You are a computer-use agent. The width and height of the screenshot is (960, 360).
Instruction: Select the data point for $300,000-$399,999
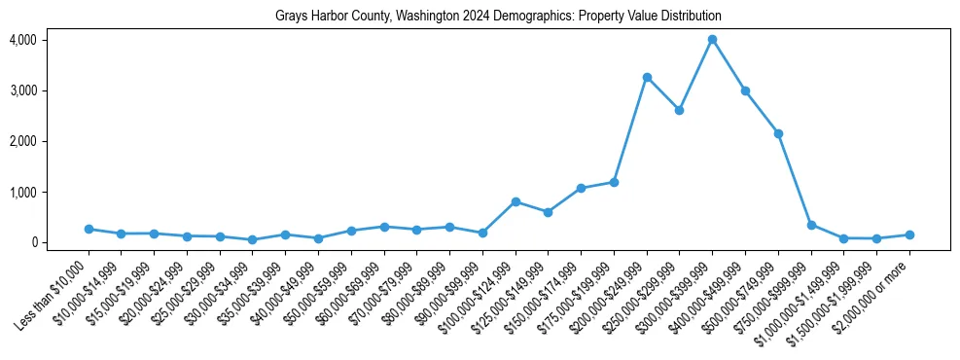click(x=712, y=40)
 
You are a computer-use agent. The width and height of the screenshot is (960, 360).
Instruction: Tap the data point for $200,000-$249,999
click(x=647, y=77)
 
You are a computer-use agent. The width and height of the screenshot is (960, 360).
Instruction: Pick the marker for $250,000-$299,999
click(x=679, y=110)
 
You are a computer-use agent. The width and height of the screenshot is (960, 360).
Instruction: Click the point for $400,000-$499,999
click(x=745, y=90)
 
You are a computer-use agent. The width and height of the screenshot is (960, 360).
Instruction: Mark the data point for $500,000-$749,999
click(x=778, y=133)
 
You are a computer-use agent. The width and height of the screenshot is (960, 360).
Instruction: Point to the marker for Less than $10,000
click(x=89, y=229)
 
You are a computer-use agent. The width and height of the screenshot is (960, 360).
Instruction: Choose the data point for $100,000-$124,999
click(x=516, y=201)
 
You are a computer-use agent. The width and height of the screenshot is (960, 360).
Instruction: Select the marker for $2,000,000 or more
click(x=909, y=234)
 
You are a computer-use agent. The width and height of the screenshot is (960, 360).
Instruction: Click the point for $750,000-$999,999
click(x=811, y=225)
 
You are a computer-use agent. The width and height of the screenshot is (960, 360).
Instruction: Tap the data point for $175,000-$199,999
click(x=614, y=182)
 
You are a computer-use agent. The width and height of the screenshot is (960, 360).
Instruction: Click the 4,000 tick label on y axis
click(x=22, y=40)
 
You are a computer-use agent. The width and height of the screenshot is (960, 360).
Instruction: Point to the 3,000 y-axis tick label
click(x=22, y=90)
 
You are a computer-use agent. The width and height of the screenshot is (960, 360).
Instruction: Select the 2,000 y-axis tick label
click(x=22, y=141)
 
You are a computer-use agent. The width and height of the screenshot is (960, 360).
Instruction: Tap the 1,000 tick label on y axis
click(x=22, y=192)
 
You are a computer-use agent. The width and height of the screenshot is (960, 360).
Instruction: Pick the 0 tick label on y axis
click(x=32, y=242)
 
